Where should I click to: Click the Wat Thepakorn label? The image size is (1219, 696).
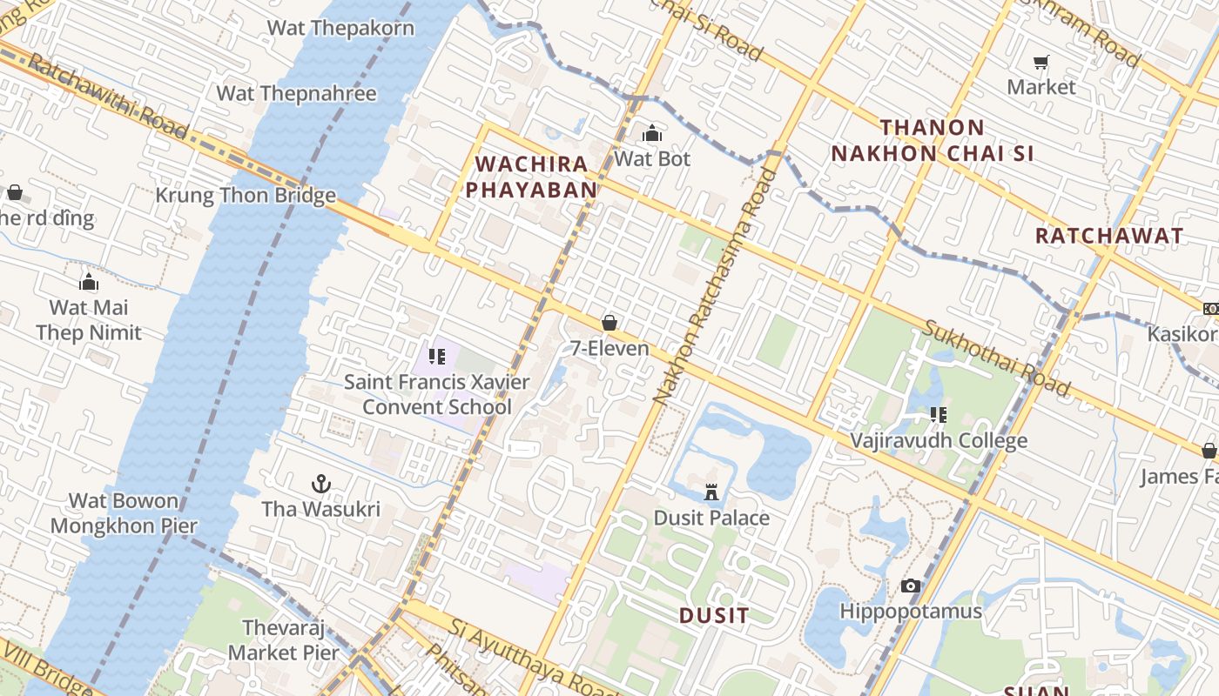click(x=340, y=27)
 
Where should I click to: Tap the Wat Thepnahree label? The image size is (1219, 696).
click(x=296, y=93)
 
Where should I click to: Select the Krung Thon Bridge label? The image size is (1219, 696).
click(x=246, y=195)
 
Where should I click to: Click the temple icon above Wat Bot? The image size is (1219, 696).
click(x=651, y=133)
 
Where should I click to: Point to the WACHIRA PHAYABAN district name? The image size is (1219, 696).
click(x=536, y=177)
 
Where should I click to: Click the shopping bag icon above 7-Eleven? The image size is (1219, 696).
click(x=610, y=323)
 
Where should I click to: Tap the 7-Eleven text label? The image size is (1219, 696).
click(x=609, y=348)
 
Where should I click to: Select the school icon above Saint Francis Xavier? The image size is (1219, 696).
click(x=437, y=356)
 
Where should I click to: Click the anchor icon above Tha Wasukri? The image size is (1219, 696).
click(x=321, y=483)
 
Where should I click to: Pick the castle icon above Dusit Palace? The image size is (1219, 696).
click(x=711, y=492)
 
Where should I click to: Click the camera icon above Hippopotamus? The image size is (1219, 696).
click(x=911, y=586)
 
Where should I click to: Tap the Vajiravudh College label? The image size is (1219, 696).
click(x=939, y=440)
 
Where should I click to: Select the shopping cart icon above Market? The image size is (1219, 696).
click(x=1041, y=62)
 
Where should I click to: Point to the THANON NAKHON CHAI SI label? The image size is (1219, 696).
click(x=932, y=140)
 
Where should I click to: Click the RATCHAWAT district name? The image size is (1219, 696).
click(x=1108, y=236)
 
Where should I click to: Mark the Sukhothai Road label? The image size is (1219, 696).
click(x=996, y=357)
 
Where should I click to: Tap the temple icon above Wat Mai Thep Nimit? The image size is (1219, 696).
click(x=88, y=282)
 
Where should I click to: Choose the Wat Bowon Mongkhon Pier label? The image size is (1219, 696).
click(x=124, y=513)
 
